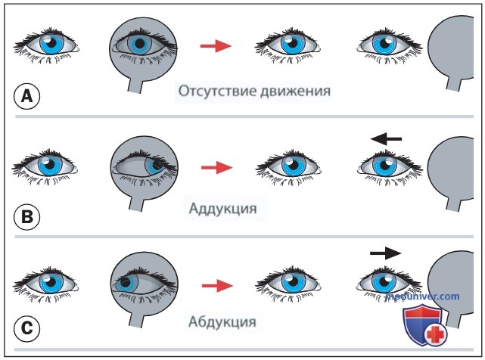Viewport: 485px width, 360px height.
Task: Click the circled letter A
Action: [x=27, y=96]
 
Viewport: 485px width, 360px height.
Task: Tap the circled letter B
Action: [x=27, y=216]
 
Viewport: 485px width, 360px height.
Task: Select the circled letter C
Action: [x=27, y=328]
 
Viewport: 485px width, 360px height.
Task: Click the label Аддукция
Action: [x=222, y=209]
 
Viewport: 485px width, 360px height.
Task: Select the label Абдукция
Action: [x=222, y=321]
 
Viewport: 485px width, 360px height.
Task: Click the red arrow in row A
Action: [x=216, y=46]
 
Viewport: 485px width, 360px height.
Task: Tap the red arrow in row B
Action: [x=217, y=168]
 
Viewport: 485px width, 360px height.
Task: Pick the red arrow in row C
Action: [x=217, y=285]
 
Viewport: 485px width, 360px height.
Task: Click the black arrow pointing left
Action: [x=386, y=139]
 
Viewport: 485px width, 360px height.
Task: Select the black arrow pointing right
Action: [x=385, y=253]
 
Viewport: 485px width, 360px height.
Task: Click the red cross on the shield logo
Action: [x=436, y=335]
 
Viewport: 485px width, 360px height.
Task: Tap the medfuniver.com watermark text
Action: [x=422, y=296]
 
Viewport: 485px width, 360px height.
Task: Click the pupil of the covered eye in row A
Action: [x=140, y=44]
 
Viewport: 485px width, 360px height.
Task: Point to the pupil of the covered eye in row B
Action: [x=157, y=164]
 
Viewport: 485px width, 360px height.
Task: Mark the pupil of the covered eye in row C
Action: [x=126, y=282]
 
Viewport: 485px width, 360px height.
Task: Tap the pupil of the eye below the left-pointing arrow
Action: [x=385, y=165]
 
